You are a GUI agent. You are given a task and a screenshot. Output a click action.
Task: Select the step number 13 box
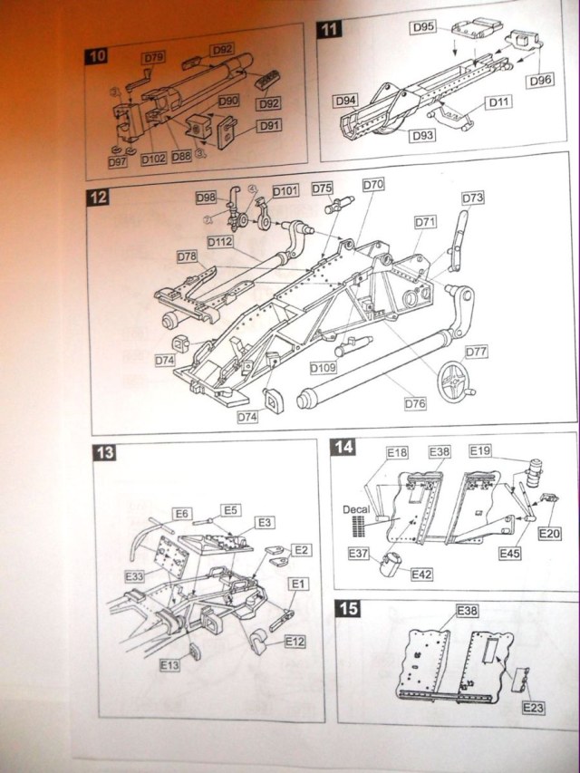coord(106,452)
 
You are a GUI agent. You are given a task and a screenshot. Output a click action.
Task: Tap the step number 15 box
coord(345,609)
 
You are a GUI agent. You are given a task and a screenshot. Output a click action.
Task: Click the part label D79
coord(153,58)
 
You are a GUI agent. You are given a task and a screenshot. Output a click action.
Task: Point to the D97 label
coord(117,161)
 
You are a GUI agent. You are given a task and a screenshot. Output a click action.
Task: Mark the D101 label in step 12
coord(285,191)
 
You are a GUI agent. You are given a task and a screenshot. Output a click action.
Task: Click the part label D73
coord(473,198)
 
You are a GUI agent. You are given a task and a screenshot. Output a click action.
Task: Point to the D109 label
coord(323,369)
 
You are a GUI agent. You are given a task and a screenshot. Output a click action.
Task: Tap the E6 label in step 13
coord(183,513)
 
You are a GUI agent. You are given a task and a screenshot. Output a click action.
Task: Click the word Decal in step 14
coord(357,509)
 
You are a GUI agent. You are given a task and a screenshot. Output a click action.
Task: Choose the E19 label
coord(480,450)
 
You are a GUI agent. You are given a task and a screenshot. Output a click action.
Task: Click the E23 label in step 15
coord(533,708)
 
